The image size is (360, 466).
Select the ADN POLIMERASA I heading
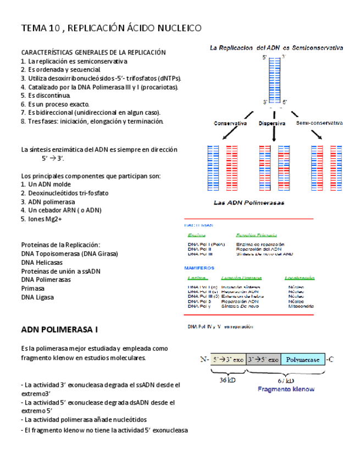point(59,330)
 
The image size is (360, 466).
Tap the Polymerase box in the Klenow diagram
point(302,359)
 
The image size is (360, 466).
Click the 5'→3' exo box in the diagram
point(228,359)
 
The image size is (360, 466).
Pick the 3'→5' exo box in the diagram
point(263,359)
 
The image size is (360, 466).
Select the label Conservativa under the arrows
point(230,124)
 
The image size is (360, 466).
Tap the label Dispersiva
point(272,124)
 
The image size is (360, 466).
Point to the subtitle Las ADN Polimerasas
point(248,203)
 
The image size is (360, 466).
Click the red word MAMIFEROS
point(200,268)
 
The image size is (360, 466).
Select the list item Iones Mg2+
point(41,219)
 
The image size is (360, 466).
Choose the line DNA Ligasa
point(37,297)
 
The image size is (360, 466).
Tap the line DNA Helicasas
point(41,262)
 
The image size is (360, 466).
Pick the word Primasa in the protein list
point(32,289)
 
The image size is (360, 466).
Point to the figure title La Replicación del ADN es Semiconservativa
point(277,48)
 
